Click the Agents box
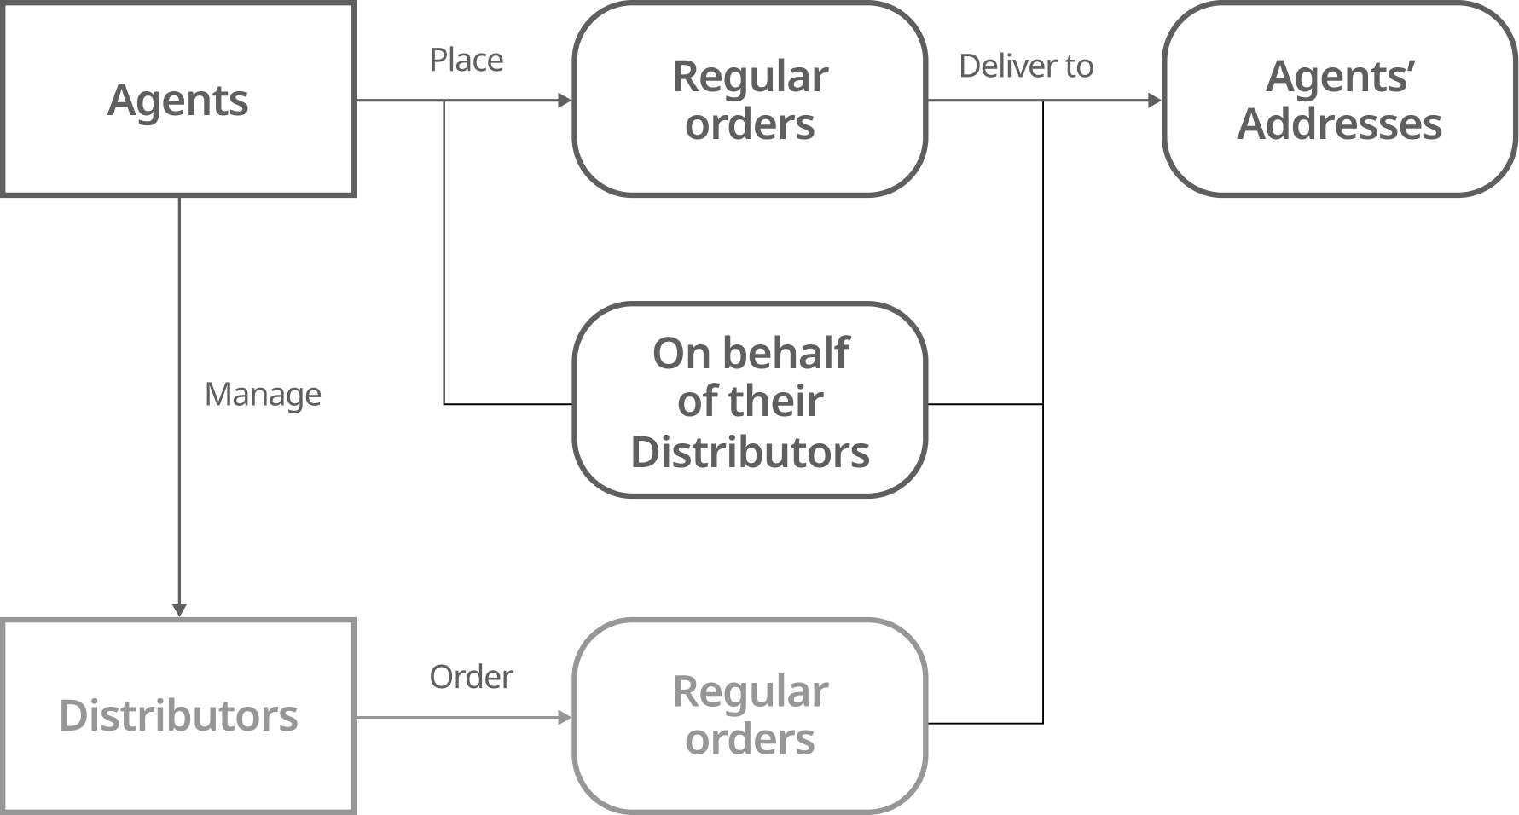click(x=178, y=100)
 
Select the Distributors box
click(x=178, y=715)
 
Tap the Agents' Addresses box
click(x=1339, y=100)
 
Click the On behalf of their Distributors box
click(x=750, y=401)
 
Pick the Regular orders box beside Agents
click(x=750, y=100)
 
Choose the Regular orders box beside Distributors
click(x=750, y=715)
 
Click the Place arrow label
click(x=466, y=61)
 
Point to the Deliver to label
click(x=1026, y=66)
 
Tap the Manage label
click(x=263, y=395)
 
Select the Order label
click(x=471, y=677)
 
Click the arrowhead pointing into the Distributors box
click(x=179, y=610)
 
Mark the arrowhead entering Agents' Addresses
click(x=1155, y=101)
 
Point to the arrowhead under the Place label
click(x=564, y=101)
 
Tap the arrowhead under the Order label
click(x=564, y=718)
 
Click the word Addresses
click(x=1339, y=124)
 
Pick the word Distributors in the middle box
click(x=750, y=452)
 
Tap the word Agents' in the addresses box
click(x=1339, y=77)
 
